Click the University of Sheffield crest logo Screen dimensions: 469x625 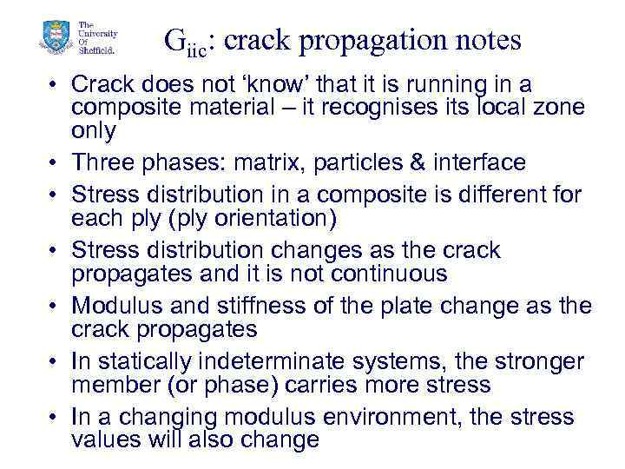(55, 39)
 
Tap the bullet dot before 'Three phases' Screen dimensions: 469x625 (54, 163)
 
